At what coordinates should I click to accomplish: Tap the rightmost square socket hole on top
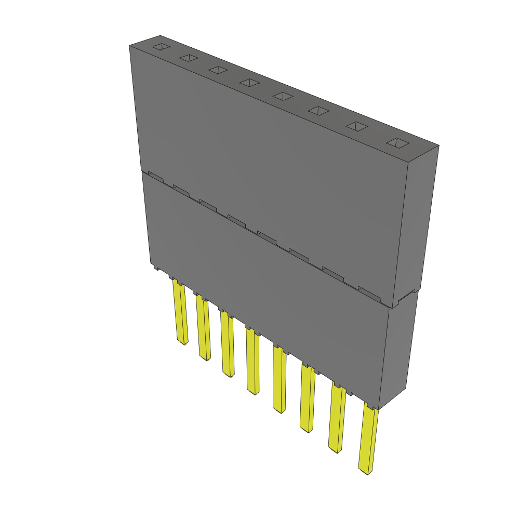click(398, 143)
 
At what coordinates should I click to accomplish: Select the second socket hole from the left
click(189, 59)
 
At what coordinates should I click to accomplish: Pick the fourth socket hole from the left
click(250, 83)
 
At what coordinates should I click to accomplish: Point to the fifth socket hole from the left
click(283, 96)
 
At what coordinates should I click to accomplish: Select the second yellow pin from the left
click(203, 328)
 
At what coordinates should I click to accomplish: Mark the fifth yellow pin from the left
click(279, 380)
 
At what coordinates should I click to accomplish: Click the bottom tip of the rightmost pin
click(366, 472)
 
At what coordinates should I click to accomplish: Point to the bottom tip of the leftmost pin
click(182, 343)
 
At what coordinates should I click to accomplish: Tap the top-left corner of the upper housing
click(129, 46)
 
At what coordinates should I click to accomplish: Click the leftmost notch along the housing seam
click(156, 176)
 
